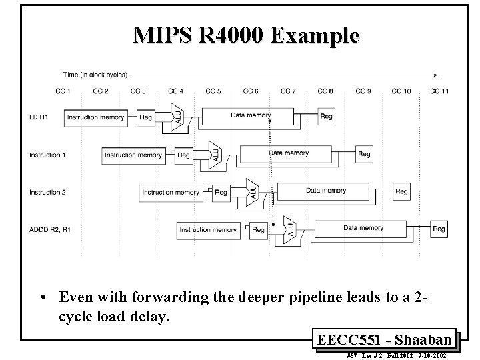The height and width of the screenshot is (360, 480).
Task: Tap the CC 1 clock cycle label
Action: coord(64,91)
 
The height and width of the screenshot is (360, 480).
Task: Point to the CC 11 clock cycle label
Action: coord(439,91)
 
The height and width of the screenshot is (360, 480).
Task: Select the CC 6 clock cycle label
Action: coord(251,91)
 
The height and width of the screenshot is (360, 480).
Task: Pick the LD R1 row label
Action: coord(39,117)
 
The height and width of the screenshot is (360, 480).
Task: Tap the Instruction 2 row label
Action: coord(47,193)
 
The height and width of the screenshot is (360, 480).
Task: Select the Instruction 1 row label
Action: coord(47,155)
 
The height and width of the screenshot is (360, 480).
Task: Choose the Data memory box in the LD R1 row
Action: coord(251,116)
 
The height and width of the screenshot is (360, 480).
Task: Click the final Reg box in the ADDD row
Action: coord(439,229)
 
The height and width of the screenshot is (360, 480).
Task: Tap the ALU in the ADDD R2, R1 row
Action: coord(289,228)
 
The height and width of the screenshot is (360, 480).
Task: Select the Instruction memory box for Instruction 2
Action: coord(171,193)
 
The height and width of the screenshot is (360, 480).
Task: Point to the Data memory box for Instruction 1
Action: coord(289,154)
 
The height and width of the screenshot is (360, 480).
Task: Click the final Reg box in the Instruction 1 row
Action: coord(364,155)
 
